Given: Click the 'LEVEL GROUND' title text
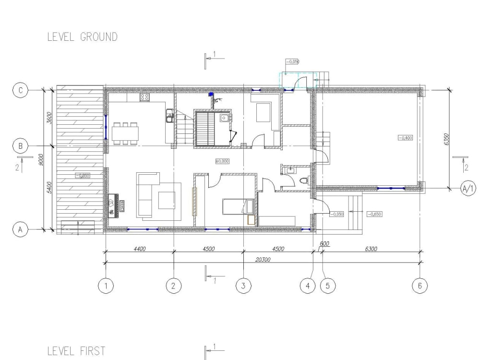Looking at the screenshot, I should click(x=82, y=37).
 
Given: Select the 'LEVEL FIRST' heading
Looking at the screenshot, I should click(x=76, y=351).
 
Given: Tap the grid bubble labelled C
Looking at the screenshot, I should click(x=21, y=90).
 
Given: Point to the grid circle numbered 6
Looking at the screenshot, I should click(x=420, y=286).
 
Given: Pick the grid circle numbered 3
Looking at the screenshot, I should click(x=243, y=286).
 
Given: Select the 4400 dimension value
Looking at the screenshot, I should click(x=139, y=249).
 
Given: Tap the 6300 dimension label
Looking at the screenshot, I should click(x=371, y=249).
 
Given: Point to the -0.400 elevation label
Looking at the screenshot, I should click(x=405, y=138).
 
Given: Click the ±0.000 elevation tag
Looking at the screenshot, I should click(x=221, y=161).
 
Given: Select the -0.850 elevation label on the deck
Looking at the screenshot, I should click(x=83, y=176).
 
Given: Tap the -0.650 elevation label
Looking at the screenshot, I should click(x=374, y=214).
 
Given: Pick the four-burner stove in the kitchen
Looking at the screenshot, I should click(x=145, y=97).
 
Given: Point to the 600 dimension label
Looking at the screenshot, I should click(x=324, y=244).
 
